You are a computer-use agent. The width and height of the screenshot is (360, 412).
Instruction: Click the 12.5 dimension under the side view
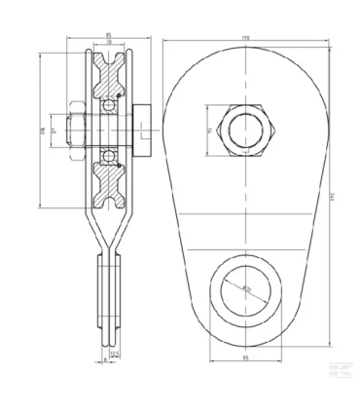[115, 355]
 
